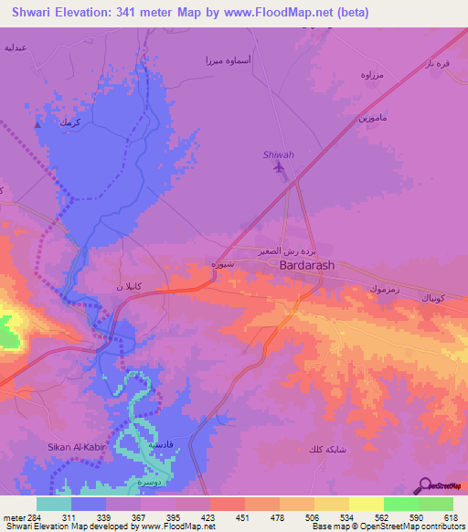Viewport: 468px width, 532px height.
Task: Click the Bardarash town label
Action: [306, 265]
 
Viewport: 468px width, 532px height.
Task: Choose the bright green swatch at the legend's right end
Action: [436, 503]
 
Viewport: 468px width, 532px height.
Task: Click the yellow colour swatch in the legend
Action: [367, 503]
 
